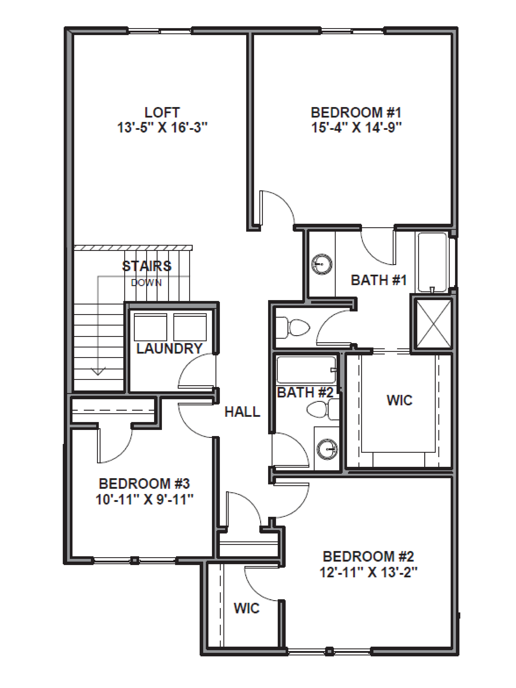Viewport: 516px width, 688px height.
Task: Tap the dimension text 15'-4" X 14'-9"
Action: [x=356, y=127]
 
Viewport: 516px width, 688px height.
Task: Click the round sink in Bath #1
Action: [x=322, y=264]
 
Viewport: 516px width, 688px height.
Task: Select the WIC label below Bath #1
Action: [x=399, y=400]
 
